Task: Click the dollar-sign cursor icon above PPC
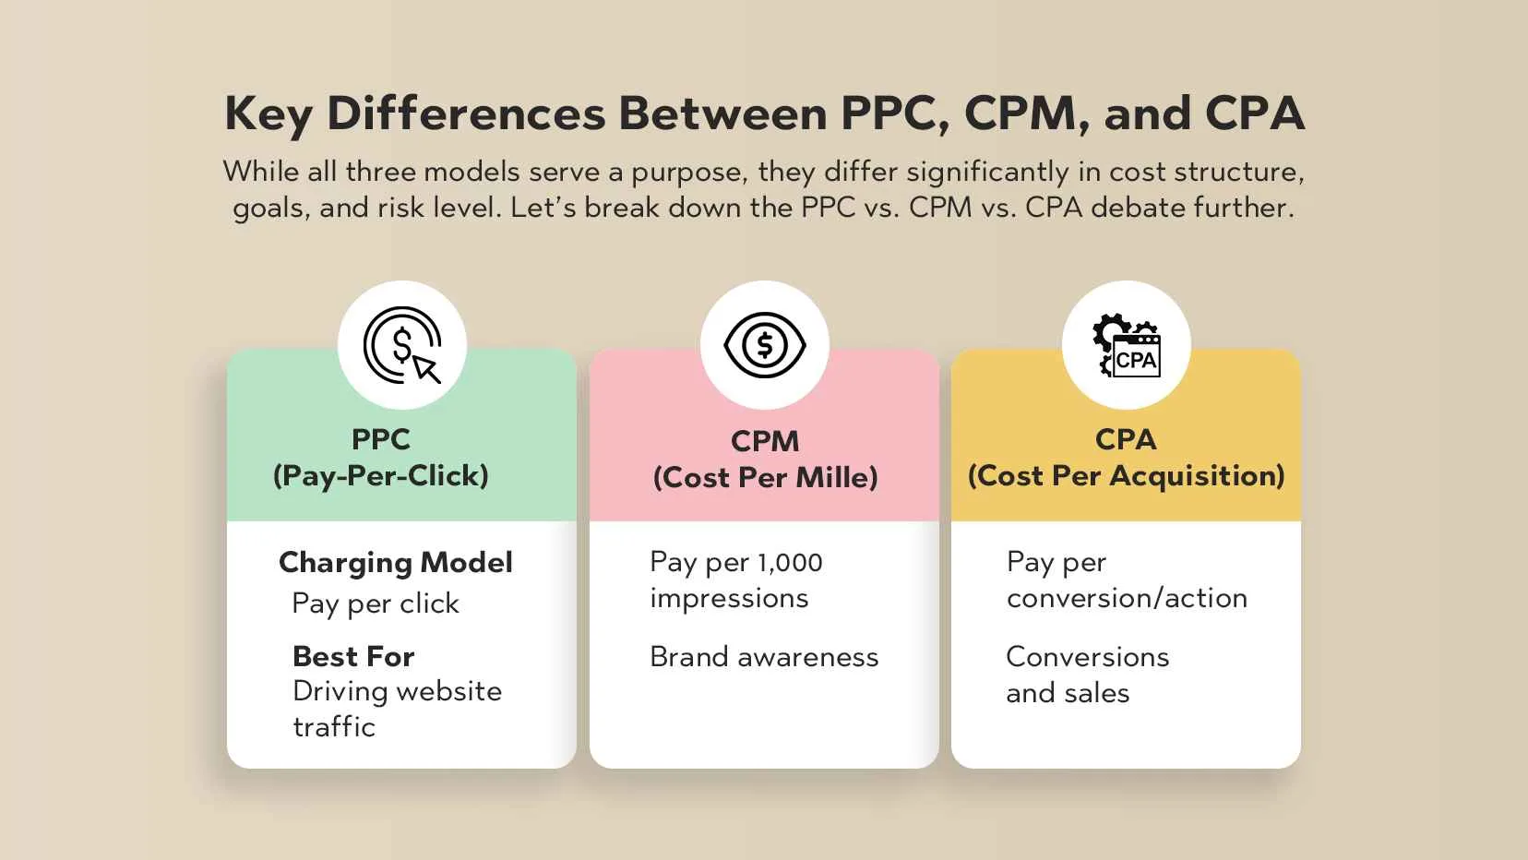402,344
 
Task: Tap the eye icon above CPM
765,345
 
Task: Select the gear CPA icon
1127,345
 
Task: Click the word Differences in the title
466,113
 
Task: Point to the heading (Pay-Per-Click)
381,475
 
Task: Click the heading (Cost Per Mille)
765,477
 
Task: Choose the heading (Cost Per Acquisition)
1127,475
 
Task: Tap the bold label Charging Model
396,563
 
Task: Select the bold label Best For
353,657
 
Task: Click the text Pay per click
376,604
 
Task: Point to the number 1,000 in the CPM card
790,563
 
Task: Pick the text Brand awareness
764,657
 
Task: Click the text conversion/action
1127,598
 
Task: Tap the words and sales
1068,693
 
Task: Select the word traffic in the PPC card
334,727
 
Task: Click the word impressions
729,599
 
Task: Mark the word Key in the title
269,114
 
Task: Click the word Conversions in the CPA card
1087,657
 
